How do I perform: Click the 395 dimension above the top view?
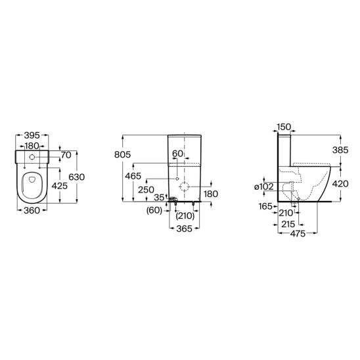tap(32, 135)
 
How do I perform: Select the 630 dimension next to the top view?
tap(77, 177)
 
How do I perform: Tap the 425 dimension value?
tap(60, 186)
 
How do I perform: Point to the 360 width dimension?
tap(32, 210)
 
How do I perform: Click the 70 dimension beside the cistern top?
tap(66, 155)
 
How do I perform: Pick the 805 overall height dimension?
tap(122, 154)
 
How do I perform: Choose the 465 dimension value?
tap(133, 176)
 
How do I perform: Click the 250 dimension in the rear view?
tap(146, 190)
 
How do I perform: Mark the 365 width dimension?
tap(185, 229)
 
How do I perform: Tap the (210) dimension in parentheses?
tap(185, 216)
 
